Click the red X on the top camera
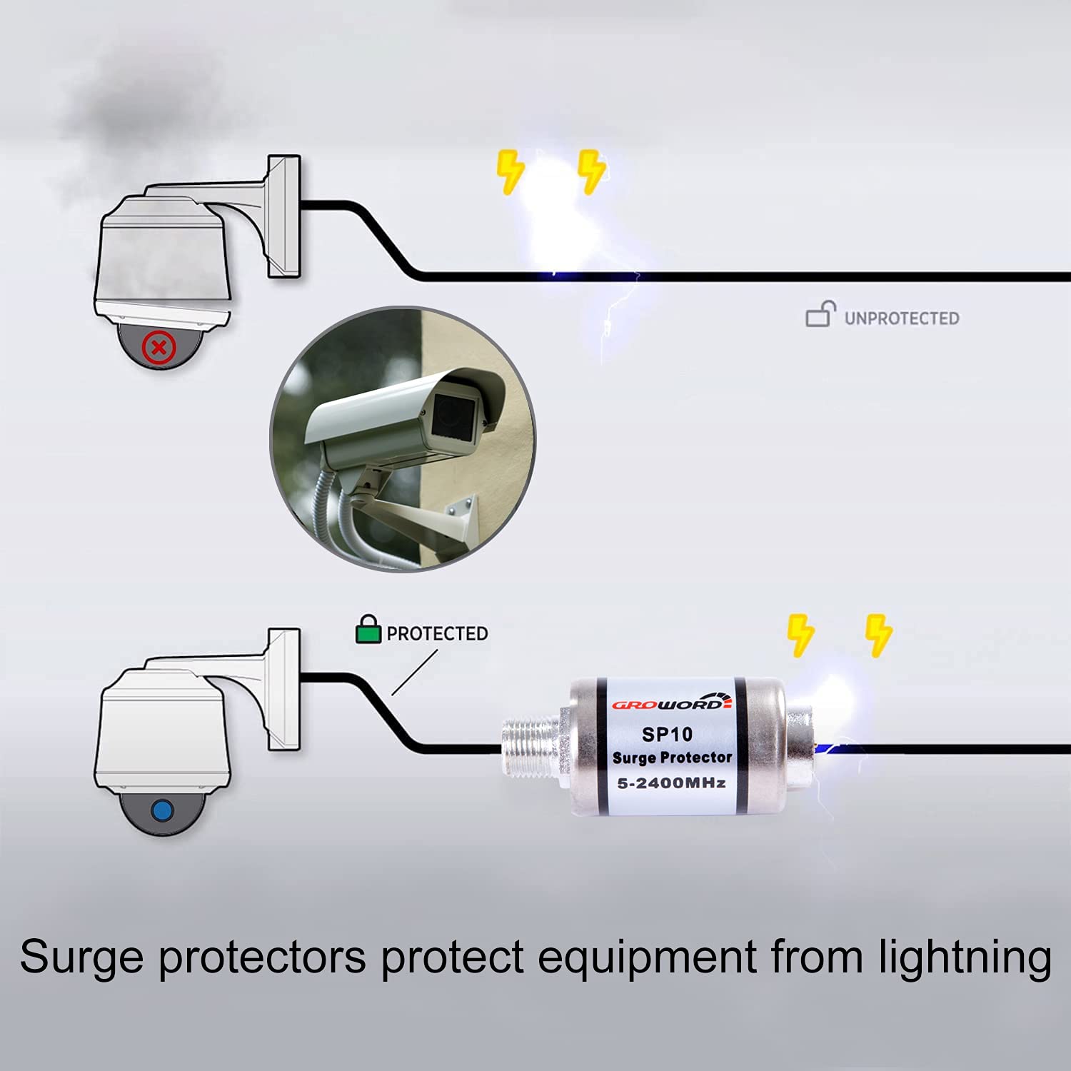click(159, 348)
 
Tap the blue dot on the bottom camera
click(163, 811)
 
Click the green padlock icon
click(368, 630)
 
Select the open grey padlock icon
click(820, 314)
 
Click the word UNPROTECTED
click(902, 318)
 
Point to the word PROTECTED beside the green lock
click(437, 633)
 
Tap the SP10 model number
click(667, 734)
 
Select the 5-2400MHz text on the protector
click(671, 783)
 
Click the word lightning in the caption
click(965, 958)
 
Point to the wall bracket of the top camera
click(283, 216)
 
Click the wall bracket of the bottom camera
click(283, 689)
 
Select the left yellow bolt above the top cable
click(510, 171)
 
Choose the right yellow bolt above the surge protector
click(878, 635)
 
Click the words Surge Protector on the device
click(672, 758)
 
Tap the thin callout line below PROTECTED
click(415, 672)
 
